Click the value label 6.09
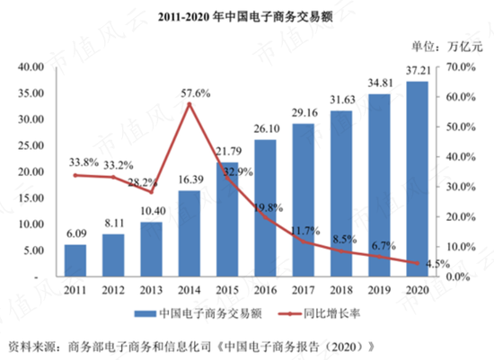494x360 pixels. (x=75, y=233)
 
